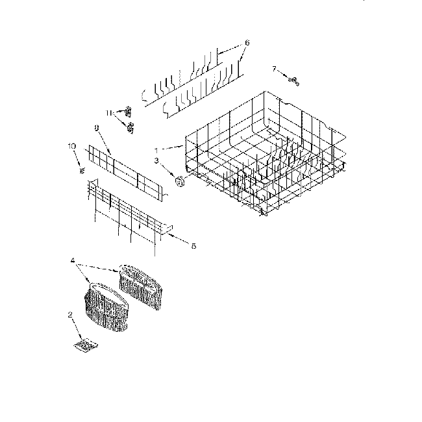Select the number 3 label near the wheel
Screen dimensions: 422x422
pyautogui.click(x=156, y=160)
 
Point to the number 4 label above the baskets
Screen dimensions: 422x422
pyautogui.click(x=72, y=261)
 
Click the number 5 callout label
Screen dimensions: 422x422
pyautogui.click(x=193, y=245)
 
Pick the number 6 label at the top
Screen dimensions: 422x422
pyautogui.click(x=247, y=43)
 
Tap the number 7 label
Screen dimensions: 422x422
pyautogui.click(x=274, y=68)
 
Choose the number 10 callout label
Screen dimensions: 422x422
pyautogui.click(x=72, y=146)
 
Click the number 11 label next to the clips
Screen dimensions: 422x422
pyautogui.click(x=110, y=112)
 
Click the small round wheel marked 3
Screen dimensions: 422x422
pyautogui.click(x=180, y=182)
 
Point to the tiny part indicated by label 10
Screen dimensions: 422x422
pyautogui.click(x=82, y=170)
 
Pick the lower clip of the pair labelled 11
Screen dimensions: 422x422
pyautogui.click(x=131, y=127)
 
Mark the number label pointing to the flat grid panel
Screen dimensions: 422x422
pyautogui.click(x=97, y=129)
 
